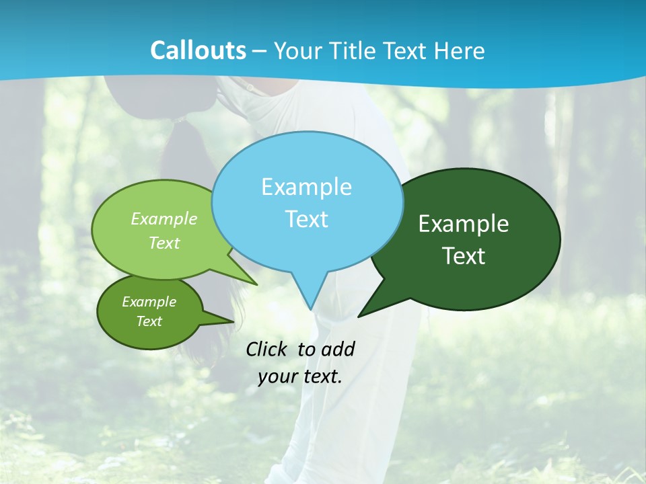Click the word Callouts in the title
198,51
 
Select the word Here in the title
460,51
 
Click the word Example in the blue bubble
306,187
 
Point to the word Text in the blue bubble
306,219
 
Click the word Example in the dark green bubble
464,224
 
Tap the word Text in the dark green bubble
464,256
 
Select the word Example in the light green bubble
164,219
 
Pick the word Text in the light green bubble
164,243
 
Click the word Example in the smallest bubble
149,302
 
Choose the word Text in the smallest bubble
149,321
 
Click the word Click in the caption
267,349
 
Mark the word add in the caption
338,349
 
